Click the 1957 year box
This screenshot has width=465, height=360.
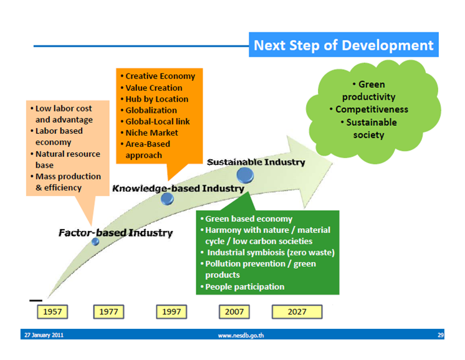[52, 311]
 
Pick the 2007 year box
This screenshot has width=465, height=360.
[234, 311]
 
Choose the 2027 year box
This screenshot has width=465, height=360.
[297, 311]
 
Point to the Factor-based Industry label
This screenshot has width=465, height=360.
[115, 233]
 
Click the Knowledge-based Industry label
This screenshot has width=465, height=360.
[178, 187]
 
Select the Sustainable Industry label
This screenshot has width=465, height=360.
[256, 162]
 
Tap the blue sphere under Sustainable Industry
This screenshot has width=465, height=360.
[245, 175]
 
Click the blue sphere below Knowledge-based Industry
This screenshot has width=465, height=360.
[167, 199]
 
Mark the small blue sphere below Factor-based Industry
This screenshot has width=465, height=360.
[95, 242]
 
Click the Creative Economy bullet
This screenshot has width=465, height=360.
[159, 76]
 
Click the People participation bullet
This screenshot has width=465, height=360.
[243, 287]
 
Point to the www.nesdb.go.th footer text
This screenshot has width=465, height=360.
[241, 335]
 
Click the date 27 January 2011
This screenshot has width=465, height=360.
[44, 335]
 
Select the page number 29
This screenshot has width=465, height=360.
[440, 335]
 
